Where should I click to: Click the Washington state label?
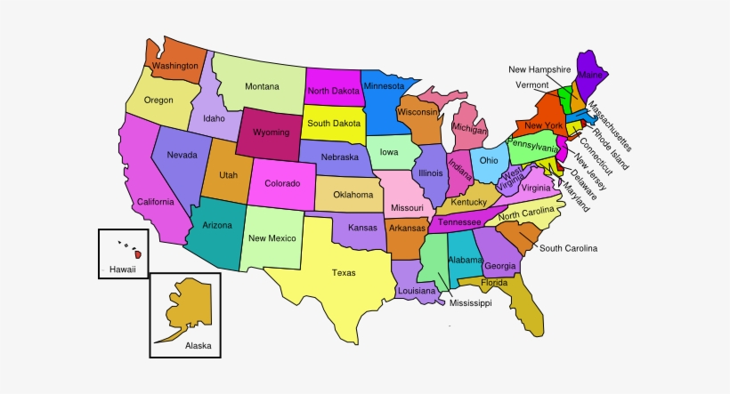pyautogui.click(x=174, y=66)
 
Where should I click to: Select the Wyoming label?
pyautogui.click(x=271, y=132)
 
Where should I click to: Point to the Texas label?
pyautogui.click(x=344, y=273)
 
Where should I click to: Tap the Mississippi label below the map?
pyautogui.click(x=470, y=303)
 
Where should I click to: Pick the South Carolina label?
pyautogui.click(x=568, y=248)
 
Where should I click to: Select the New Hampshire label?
pyautogui.click(x=539, y=69)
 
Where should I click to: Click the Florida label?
pyautogui.click(x=494, y=283)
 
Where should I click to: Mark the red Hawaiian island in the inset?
pyautogui.click(x=138, y=255)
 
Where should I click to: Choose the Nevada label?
pyautogui.click(x=182, y=156)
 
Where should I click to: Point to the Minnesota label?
pyautogui.click(x=384, y=86)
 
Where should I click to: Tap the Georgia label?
pyautogui.click(x=501, y=266)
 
